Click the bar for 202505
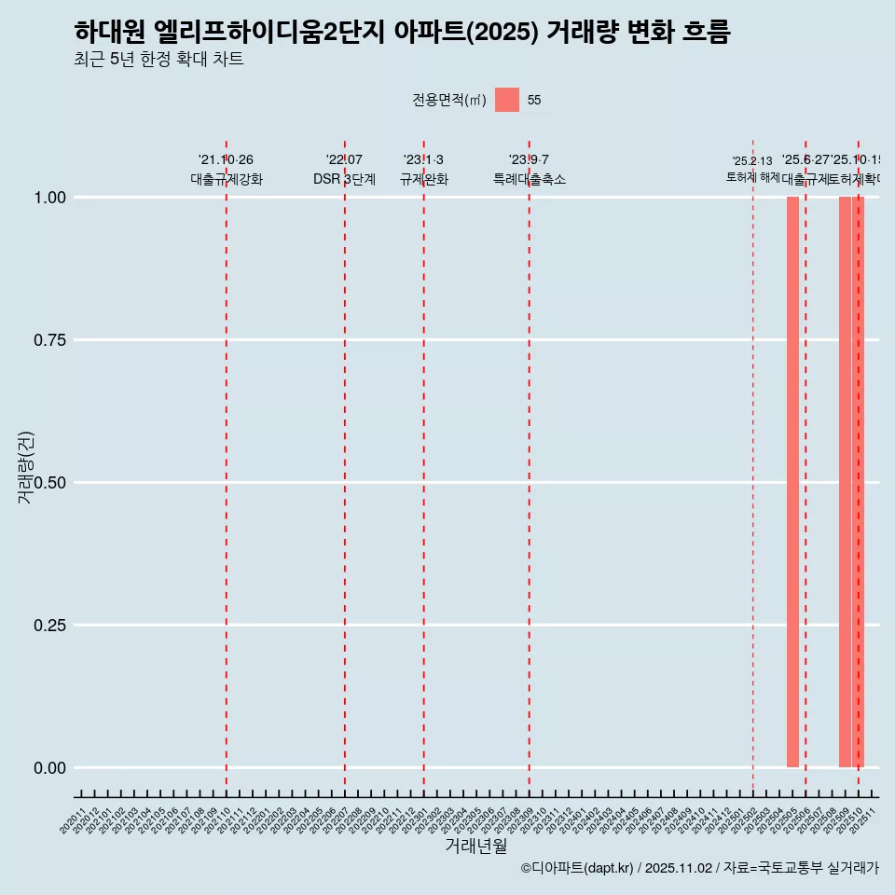click(x=792, y=482)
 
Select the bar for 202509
click(x=845, y=482)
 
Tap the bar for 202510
click(x=859, y=482)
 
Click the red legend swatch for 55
click(x=507, y=100)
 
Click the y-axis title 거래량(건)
click(x=26, y=467)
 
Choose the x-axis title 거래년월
click(x=476, y=846)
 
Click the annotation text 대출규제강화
click(x=227, y=179)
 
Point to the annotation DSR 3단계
click(x=344, y=179)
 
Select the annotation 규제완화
click(x=424, y=179)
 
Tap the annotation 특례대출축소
click(x=530, y=179)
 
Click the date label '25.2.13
click(x=752, y=161)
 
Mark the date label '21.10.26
click(x=226, y=160)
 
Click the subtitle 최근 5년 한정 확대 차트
click(x=158, y=60)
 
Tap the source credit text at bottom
click(x=699, y=868)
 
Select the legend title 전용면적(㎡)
click(x=449, y=101)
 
